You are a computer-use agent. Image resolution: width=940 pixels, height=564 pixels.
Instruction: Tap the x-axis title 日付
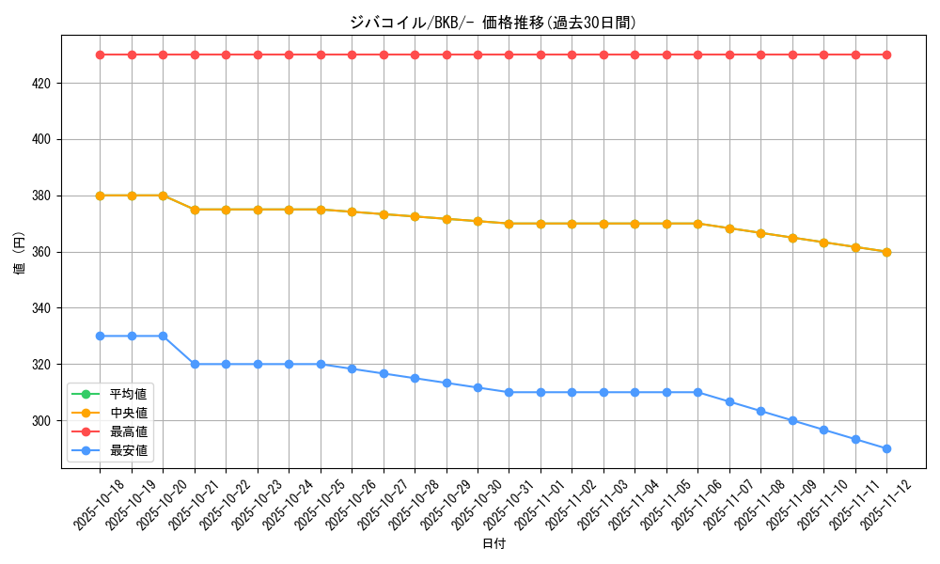[x=493, y=544]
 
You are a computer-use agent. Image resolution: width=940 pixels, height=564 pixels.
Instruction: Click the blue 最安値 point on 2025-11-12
[x=886, y=448]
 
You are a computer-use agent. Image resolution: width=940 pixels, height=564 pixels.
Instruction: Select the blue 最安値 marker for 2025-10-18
[x=100, y=336]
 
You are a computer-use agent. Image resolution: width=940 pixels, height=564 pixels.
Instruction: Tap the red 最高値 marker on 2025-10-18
[x=100, y=55]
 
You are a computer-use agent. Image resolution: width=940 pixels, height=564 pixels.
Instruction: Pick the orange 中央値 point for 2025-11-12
[x=886, y=252]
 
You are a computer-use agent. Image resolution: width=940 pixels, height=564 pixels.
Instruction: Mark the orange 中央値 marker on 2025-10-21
[x=195, y=210]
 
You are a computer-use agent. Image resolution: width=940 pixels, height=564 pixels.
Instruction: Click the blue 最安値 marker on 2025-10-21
[x=195, y=364]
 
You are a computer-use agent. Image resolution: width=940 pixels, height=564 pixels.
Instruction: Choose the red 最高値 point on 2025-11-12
[x=886, y=55]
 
